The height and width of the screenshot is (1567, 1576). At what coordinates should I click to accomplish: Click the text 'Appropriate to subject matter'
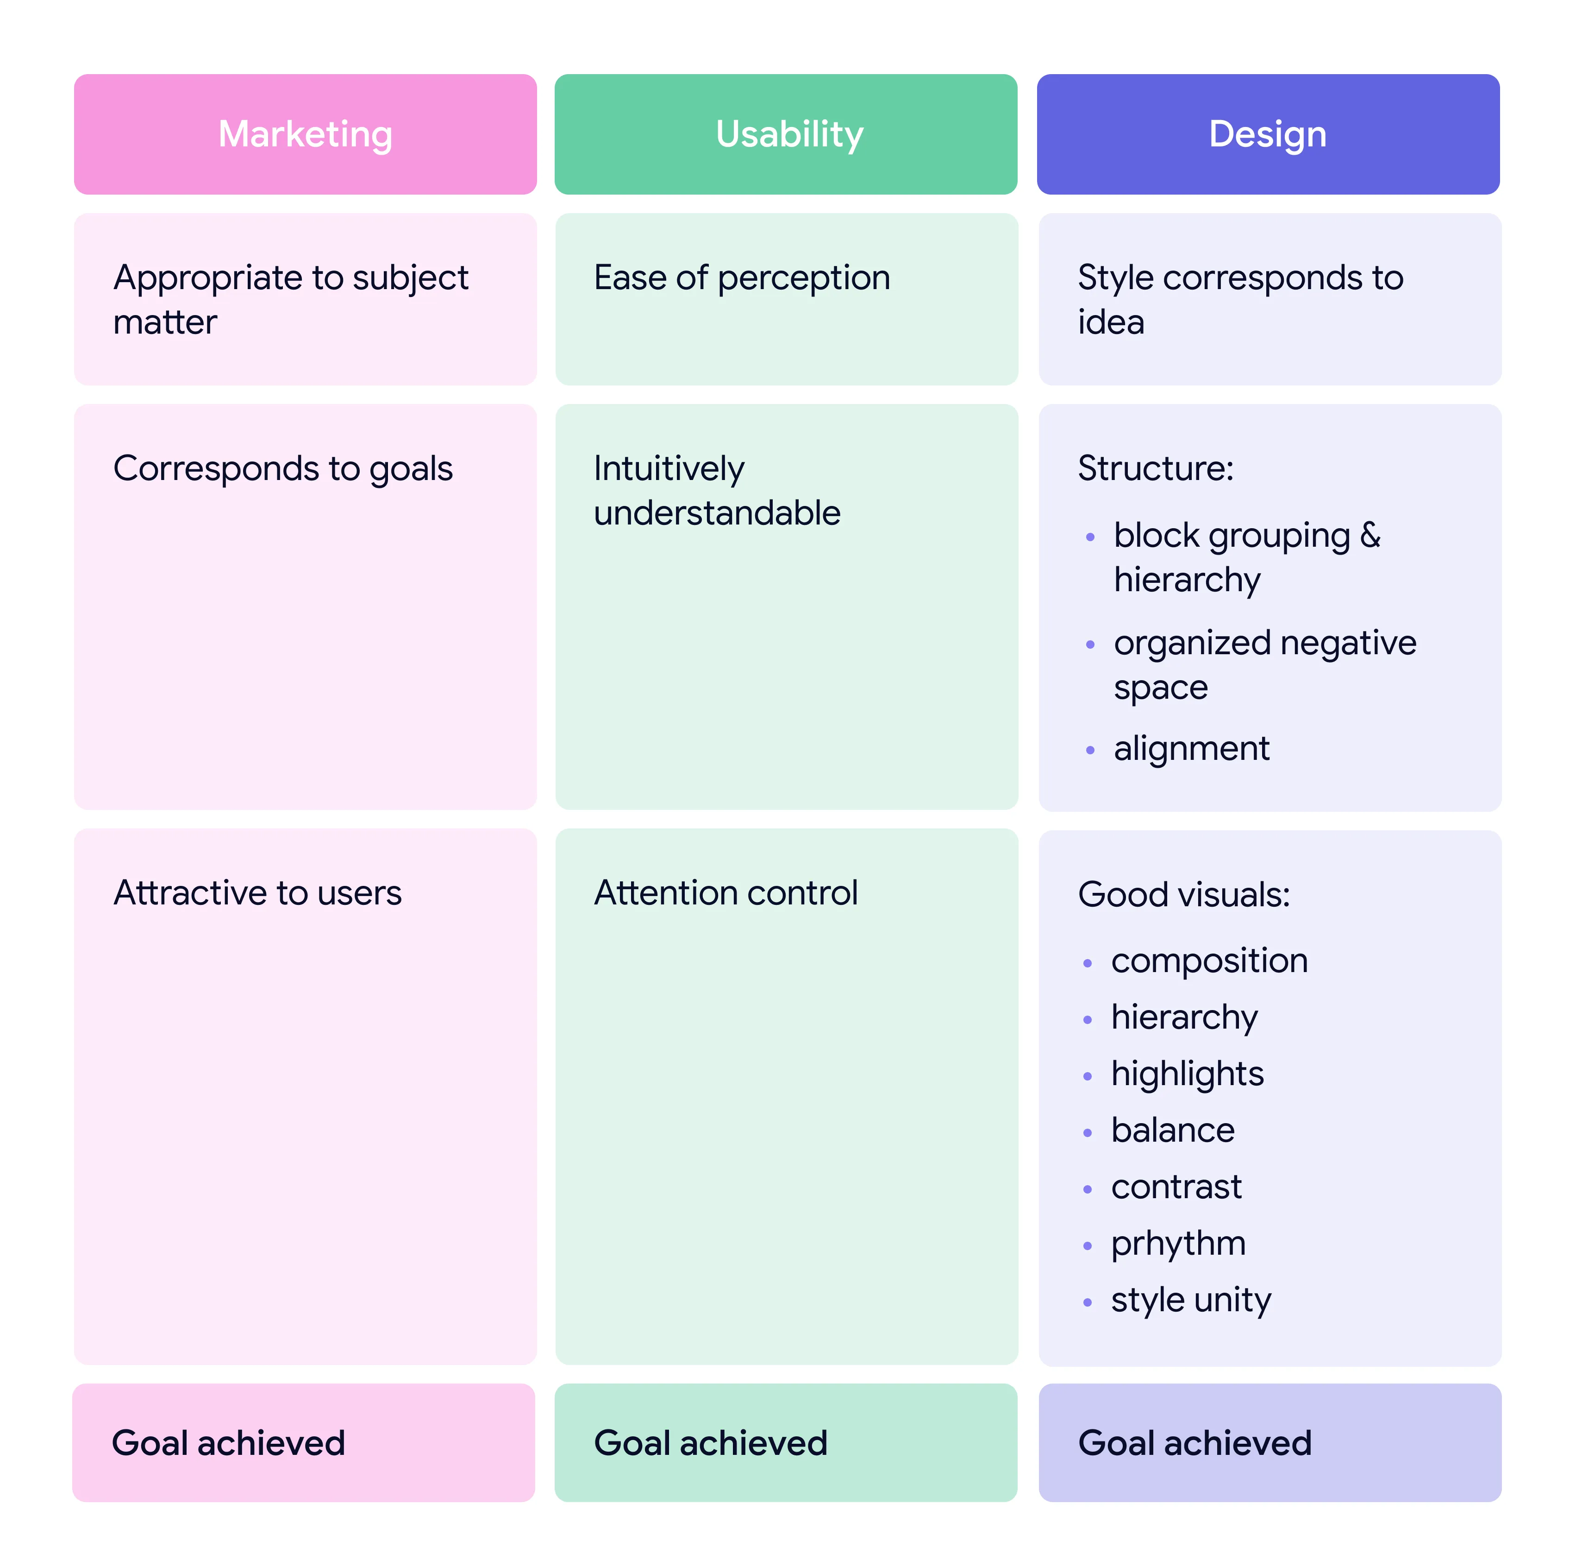click(290, 299)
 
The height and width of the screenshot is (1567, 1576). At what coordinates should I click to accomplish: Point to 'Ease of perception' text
click(742, 278)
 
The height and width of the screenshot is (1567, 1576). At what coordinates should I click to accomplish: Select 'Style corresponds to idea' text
click(1240, 299)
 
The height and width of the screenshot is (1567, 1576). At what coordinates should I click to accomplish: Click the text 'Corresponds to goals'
click(282, 468)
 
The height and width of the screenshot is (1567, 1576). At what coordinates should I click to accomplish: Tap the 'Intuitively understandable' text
click(716, 491)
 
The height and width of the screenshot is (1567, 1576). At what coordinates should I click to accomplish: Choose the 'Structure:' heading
click(1155, 468)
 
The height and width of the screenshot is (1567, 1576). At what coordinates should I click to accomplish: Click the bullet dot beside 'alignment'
click(1090, 750)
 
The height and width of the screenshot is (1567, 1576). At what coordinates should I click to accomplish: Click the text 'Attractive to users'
click(257, 893)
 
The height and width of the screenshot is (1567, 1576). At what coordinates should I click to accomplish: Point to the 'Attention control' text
click(725, 893)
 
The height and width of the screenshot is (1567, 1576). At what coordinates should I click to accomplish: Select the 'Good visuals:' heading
click(1184, 895)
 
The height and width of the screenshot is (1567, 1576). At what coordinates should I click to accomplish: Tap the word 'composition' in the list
click(1209, 960)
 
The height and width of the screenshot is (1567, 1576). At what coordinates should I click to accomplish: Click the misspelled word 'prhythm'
click(1178, 1243)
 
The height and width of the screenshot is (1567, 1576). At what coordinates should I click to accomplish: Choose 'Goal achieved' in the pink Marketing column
click(228, 1443)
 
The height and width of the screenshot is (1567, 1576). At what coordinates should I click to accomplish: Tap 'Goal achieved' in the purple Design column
click(1194, 1443)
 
